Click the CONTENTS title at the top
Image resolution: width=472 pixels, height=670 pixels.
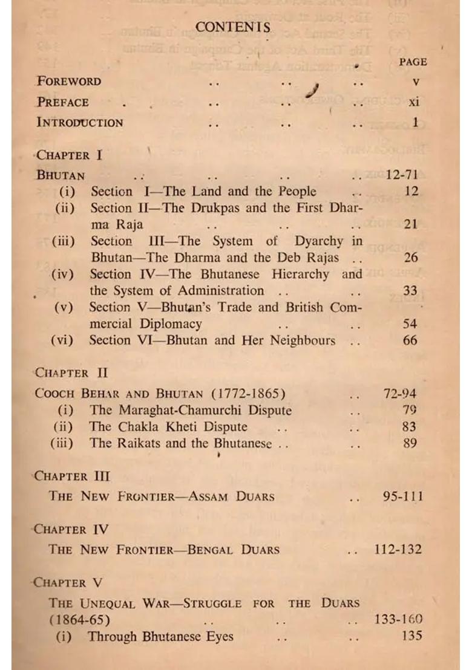pyautogui.click(x=233, y=27)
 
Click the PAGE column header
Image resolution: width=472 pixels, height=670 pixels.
pyautogui.click(x=413, y=62)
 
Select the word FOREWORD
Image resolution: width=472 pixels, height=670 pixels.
pyautogui.click(x=69, y=81)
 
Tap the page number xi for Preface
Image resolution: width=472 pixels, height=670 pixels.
pyautogui.click(x=413, y=102)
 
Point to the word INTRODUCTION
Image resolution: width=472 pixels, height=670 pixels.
pyautogui.click(x=80, y=122)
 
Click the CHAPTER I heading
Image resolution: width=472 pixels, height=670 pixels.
pyautogui.click(x=69, y=155)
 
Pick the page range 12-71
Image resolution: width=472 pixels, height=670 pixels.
pyautogui.click(x=402, y=175)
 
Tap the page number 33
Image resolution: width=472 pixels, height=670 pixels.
pyautogui.click(x=410, y=291)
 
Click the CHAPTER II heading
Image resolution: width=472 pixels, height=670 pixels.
pyautogui.click(x=71, y=373)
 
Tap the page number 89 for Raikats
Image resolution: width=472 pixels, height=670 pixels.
pyautogui.click(x=410, y=443)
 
